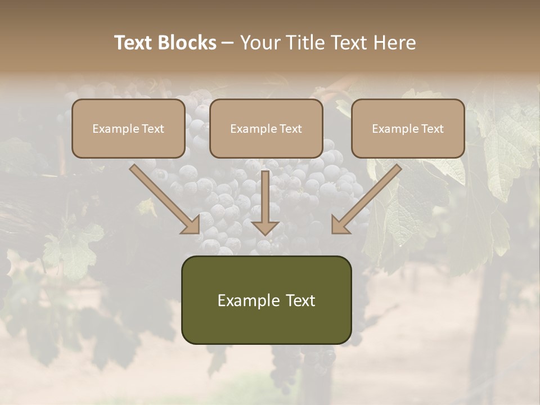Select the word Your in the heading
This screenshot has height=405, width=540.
[x=258, y=43]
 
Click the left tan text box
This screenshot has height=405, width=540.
[x=128, y=128]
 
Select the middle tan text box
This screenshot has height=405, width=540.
[x=266, y=128]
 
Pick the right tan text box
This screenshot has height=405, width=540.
[x=408, y=128]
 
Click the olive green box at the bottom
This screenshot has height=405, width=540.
[x=266, y=300]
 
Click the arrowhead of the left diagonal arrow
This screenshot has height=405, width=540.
[x=191, y=225]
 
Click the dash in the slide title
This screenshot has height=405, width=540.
[x=228, y=43]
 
